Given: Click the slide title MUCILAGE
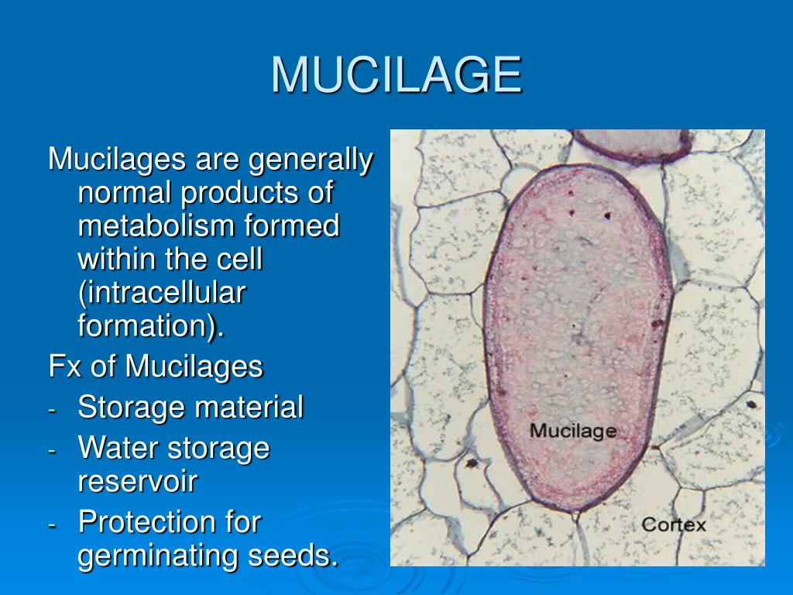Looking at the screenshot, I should pyautogui.click(x=396, y=75).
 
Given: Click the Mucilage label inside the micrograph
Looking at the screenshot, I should pyautogui.click(x=572, y=431).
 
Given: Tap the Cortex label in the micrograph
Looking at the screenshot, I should pyautogui.click(x=673, y=524).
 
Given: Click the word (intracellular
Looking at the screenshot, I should pyautogui.click(x=162, y=294).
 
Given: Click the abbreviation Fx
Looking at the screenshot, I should pyautogui.click(x=64, y=366).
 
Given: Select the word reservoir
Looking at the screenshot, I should pyautogui.click(x=138, y=481).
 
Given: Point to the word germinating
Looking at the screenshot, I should pyautogui.click(x=159, y=556).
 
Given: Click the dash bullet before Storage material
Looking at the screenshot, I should pyautogui.click(x=52, y=409).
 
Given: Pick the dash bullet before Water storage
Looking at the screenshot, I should pyautogui.click(x=52, y=450).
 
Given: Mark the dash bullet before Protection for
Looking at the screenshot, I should pyautogui.click(x=52, y=524).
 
